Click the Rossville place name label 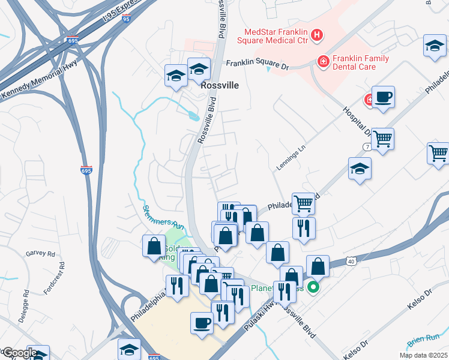click(x=220, y=85)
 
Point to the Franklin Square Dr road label click(x=257, y=65)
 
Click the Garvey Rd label click(x=40, y=254)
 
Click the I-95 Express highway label click(x=124, y=11)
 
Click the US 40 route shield click(x=352, y=260)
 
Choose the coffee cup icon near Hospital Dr click(x=383, y=97)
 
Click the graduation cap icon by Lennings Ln click(x=360, y=169)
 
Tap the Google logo click(x=19, y=353)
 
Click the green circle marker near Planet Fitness click(x=313, y=288)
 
